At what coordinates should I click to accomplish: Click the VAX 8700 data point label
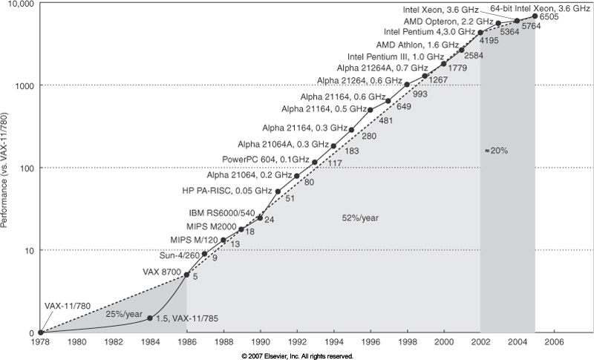click(x=162, y=270)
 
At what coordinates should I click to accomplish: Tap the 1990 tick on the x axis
click(x=260, y=343)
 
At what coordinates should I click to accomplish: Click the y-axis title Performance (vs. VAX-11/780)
click(x=6, y=166)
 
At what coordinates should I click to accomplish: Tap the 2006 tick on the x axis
click(x=554, y=343)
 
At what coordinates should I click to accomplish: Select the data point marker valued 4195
click(x=480, y=33)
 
